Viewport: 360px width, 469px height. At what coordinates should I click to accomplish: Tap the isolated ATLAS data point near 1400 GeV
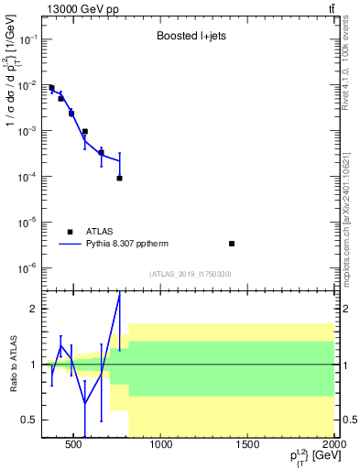click(232, 244)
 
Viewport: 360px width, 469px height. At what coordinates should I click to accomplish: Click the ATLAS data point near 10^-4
click(119, 178)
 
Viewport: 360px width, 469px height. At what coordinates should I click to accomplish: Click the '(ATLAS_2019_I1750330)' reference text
click(191, 274)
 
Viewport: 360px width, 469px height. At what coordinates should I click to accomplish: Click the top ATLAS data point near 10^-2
click(51, 88)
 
